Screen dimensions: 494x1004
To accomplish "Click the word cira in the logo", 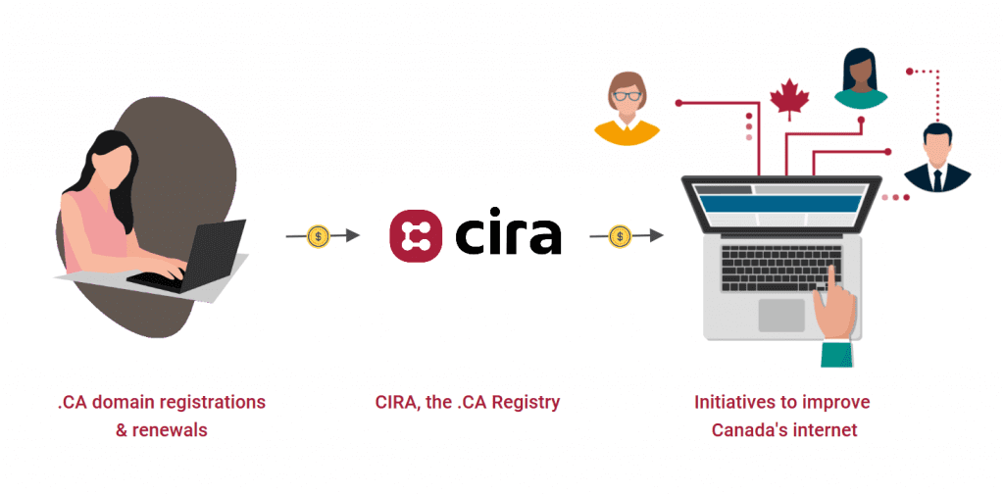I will tap(508, 235).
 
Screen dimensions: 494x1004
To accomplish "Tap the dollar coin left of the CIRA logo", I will tap(319, 235).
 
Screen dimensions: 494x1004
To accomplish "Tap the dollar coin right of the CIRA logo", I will tap(620, 235).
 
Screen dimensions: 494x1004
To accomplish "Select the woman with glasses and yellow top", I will tap(625, 108).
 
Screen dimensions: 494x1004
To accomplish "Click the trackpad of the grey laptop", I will tap(780, 316).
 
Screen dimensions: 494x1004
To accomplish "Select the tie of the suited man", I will tap(936, 177).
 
